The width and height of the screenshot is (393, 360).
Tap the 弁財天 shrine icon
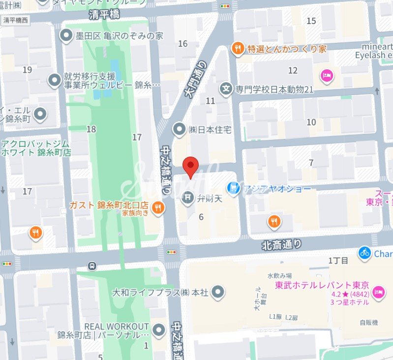point(187,199)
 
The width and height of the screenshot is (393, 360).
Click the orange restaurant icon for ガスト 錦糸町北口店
point(158,208)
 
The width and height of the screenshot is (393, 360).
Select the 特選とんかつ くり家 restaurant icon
point(238,48)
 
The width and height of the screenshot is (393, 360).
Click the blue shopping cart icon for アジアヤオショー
point(234,189)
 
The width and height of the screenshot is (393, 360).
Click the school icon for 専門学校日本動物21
point(226,89)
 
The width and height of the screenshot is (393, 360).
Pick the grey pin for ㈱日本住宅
point(180,130)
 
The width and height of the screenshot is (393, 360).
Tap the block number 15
point(311,21)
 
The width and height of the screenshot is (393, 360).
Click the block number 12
point(293,70)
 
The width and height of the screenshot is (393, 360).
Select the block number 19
point(27,70)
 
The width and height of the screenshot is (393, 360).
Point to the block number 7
point(311,163)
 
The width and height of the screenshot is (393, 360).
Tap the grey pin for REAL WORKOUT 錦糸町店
point(159,330)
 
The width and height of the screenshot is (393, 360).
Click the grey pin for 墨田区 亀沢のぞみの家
point(66,36)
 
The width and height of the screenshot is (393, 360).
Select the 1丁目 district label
point(338,260)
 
